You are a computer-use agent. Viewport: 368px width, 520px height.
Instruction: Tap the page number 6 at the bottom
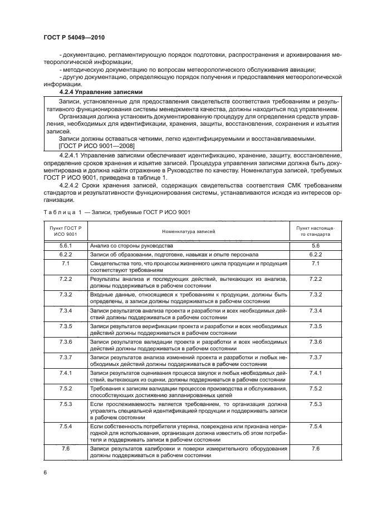pyautogui.click(x=44, y=472)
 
